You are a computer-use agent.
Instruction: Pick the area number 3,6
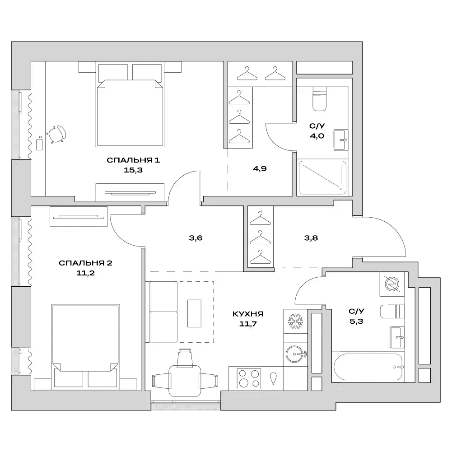[195, 238]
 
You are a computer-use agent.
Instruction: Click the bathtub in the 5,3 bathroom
[368, 367]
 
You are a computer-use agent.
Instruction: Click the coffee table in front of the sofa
[195, 312]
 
